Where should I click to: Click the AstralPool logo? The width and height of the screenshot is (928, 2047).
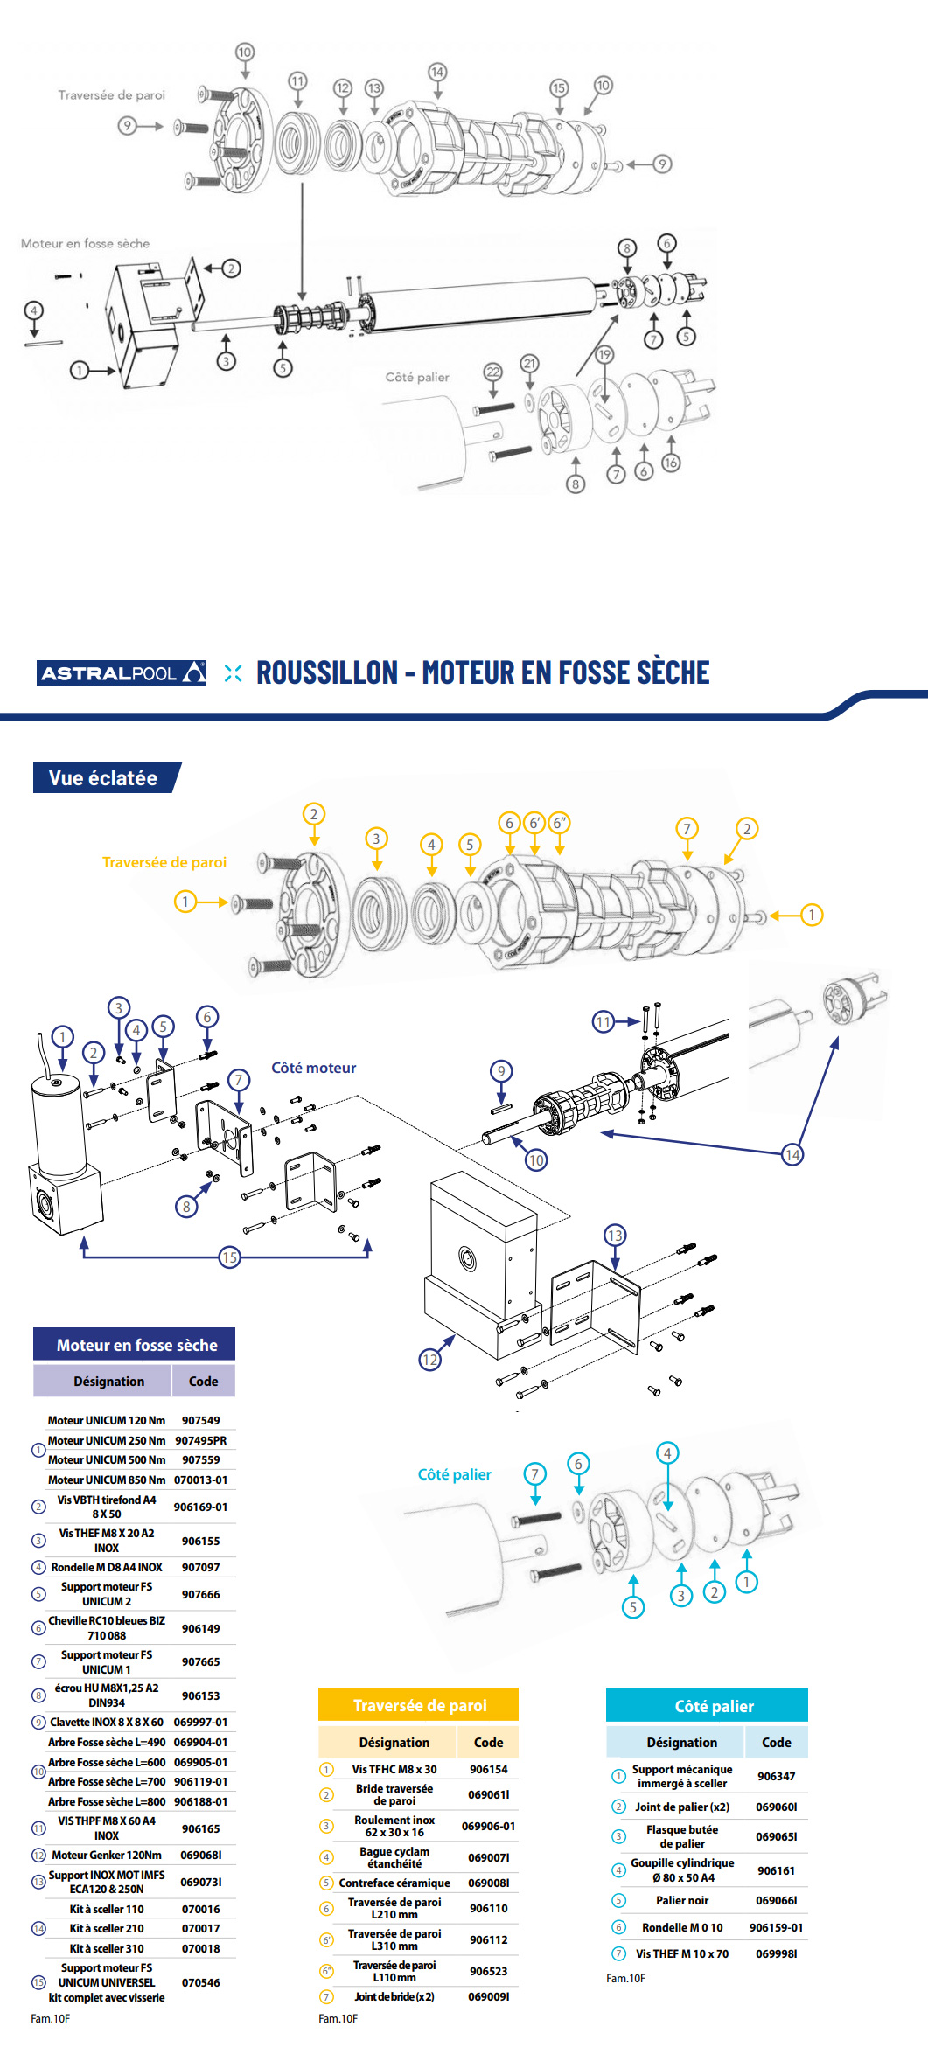122,672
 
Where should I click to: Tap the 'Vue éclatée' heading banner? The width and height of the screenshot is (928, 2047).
104,778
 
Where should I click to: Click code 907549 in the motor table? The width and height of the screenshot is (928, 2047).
200,1420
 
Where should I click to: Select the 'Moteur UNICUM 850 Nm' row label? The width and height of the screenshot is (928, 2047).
106,1480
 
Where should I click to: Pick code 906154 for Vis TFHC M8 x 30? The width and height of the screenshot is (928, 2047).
488,1769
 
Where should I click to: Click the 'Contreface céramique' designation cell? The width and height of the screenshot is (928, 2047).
394,1883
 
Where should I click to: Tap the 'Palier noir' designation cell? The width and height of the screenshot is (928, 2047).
682,1900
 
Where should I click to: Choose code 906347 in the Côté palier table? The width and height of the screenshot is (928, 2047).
776,1776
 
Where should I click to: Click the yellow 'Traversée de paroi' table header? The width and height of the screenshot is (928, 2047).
419,1705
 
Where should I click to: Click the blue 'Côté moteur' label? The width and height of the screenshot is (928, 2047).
313,1068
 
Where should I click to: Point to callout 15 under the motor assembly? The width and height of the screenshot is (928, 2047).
229,1257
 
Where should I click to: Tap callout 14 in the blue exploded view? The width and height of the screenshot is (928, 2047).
792,1155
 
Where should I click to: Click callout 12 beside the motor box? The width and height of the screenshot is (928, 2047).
429,1360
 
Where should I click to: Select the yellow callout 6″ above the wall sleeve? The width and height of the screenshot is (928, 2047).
559,823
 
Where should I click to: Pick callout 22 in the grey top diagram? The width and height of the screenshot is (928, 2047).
492,372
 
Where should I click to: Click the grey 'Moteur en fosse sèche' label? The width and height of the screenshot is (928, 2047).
85,243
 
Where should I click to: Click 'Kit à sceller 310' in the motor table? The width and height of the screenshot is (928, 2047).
107,1948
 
